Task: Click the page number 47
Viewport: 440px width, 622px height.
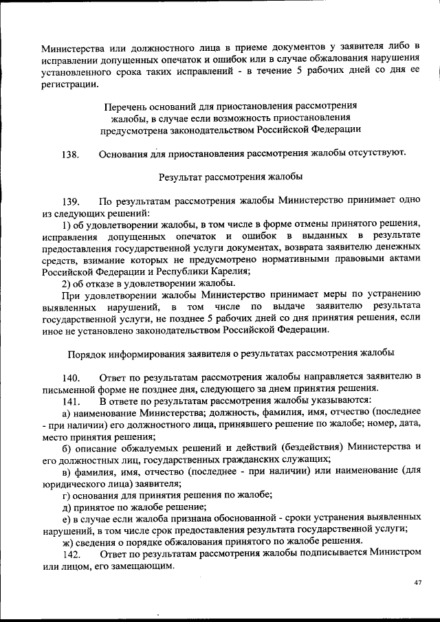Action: click(x=418, y=584)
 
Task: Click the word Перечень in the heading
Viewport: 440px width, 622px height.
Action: click(x=124, y=107)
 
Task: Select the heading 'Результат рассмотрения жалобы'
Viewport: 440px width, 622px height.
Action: click(x=230, y=177)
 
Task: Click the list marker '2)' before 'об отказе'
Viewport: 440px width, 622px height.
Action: click(x=67, y=283)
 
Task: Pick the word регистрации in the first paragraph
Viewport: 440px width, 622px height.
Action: click(x=69, y=84)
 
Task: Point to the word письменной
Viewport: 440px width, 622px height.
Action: click(x=71, y=389)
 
